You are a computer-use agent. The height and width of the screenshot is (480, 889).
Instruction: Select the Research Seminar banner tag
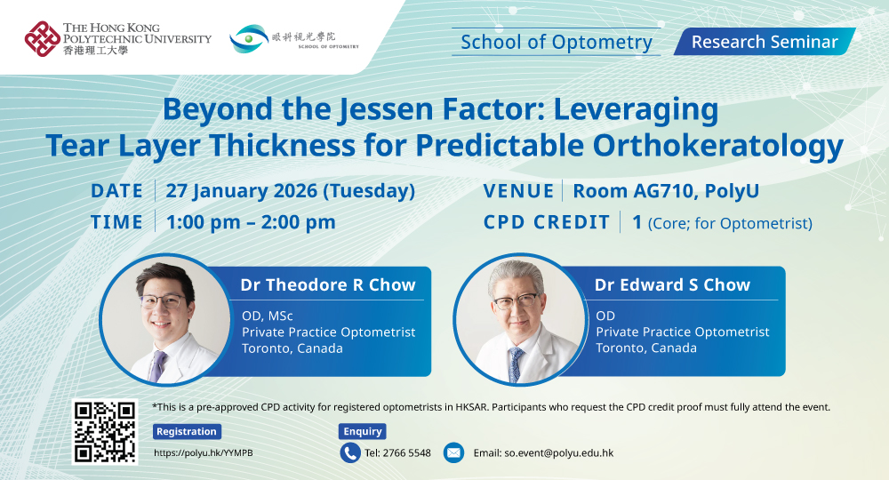pyautogui.click(x=764, y=42)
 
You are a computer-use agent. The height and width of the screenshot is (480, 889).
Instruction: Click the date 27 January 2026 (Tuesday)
pyautogui.click(x=289, y=191)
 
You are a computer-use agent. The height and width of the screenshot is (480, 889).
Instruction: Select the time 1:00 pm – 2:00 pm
pyautogui.click(x=250, y=222)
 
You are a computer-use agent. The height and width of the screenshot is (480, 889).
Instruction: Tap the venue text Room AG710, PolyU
pyautogui.click(x=666, y=191)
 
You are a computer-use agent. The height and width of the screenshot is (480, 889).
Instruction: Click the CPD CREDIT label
pyautogui.click(x=546, y=222)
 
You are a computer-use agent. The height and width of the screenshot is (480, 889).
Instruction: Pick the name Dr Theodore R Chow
pyautogui.click(x=328, y=284)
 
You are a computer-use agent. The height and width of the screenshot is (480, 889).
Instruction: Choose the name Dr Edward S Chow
pyautogui.click(x=673, y=284)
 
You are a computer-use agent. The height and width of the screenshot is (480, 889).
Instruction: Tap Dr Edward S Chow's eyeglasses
pyautogui.click(x=516, y=302)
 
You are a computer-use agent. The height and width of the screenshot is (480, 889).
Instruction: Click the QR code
pyautogui.click(x=105, y=432)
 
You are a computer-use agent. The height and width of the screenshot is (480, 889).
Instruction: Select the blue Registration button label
pyautogui.click(x=187, y=431)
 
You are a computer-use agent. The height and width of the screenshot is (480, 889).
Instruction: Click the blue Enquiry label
pyautogui.click(x=363, y=431)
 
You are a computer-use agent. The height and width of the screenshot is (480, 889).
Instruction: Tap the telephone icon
pyautogui.click(x=350, y=452)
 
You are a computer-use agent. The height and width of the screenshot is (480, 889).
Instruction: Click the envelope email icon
pyautogui.click(x=453, y=452)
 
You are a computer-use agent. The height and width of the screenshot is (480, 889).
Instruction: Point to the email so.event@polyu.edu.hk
pyautogui.click(x=543, y=452)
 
